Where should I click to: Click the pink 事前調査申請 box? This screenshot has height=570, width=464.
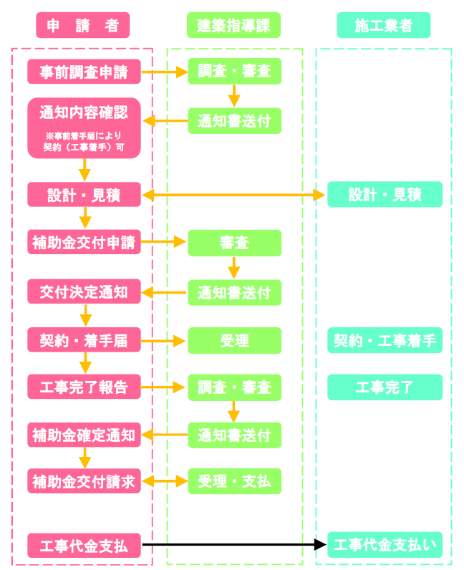click(84, 72)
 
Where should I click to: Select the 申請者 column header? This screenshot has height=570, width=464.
click(83, 26)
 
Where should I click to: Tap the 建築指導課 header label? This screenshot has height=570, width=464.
click(233, 26)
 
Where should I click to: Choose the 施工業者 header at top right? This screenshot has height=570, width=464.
click(384, 26)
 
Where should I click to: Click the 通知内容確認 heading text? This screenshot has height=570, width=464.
click(84, 112)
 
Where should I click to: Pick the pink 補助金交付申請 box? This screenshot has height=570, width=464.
click(84, 243)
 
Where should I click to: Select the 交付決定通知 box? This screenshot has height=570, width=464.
click(84, 291)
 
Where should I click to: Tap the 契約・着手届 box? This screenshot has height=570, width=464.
click(84, 341)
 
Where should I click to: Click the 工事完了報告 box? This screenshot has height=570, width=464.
click(84, 387)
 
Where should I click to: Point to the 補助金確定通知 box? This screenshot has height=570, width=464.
click(84, 435)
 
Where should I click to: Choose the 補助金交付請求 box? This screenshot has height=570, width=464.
click(84, 480)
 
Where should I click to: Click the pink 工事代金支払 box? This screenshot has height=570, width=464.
click(84, 546)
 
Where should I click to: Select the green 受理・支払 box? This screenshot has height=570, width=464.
click(235, 480)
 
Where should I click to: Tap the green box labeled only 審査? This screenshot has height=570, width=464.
click(235, 243)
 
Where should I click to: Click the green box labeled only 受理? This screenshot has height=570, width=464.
click(235, 341)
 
